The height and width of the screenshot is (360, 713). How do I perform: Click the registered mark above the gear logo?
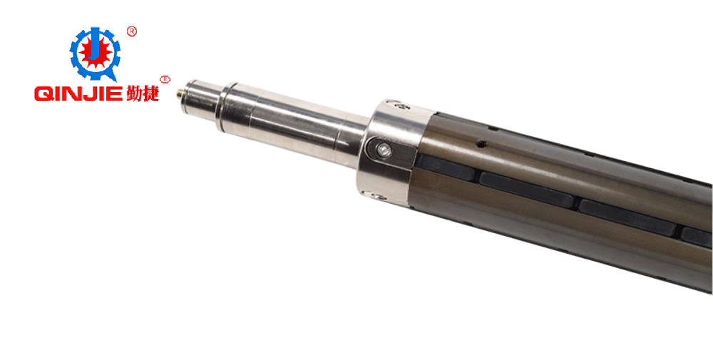pyautogui.click(x=131, y=31)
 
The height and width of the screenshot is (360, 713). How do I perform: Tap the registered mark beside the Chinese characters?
pyautogui.click(x=165, y=80)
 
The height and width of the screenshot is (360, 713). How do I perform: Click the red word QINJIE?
pyautogui.click(x=78, y=94)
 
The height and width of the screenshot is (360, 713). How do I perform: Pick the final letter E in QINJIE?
pyautogui.click(x=115, y=94)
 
